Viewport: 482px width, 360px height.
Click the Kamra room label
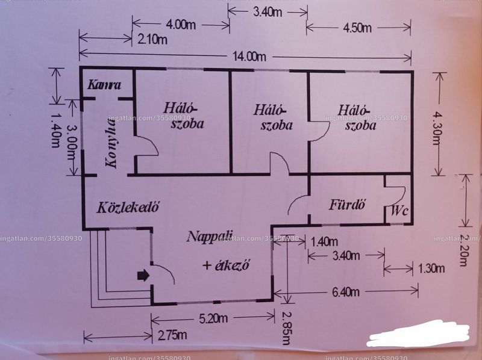(x=104, y=84)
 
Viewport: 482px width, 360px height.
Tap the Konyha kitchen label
(x=111, y=144)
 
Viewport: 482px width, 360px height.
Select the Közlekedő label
(x=128, y=207)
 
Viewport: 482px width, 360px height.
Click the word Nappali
(x=210, y=237)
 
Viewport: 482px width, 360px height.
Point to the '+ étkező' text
(x=226, y=265)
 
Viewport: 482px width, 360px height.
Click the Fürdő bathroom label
(x=348, y=204)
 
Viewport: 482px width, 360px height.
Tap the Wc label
(x=399, y=211)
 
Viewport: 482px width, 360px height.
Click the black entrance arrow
(x=143, y=275)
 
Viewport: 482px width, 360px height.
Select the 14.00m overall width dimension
(x=249, y=57)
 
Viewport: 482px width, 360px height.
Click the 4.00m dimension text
(x=181, y=25)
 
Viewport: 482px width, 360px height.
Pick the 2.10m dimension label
(x=152, y=39)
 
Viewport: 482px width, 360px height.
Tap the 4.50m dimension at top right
(x=357, y=28)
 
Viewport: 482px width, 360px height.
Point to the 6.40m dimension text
(x=346, y=292)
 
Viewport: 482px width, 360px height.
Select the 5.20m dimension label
(x=213, y=318)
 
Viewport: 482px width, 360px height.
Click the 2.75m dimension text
(x=172, y=335)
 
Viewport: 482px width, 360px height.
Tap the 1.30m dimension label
(x=431, y=268)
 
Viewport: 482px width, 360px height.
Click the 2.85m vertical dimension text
(x=286, y=329)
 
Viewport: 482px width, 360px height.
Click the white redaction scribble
(x=418, y=334)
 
